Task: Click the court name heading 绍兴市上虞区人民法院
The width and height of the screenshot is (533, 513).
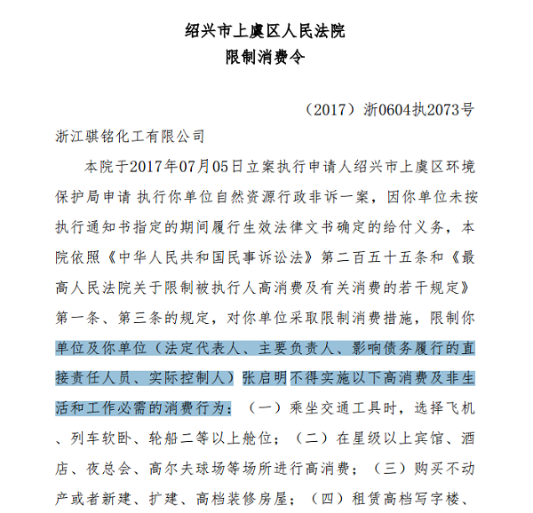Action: coord(266,30)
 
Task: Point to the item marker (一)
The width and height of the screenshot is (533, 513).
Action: coord(264,407)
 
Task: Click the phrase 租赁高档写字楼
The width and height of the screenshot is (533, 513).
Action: coord(402,494)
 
